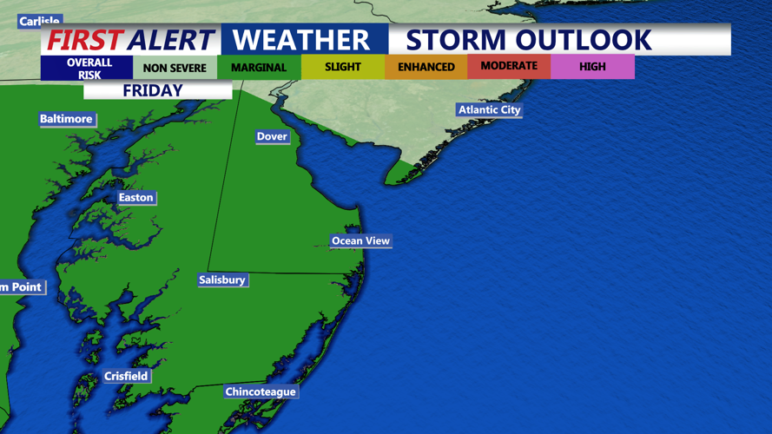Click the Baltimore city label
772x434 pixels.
coord(66,119)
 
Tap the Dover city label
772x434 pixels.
coord(272,136)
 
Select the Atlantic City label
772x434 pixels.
coord(490,109)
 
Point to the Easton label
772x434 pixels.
coord(135,198)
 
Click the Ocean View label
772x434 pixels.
coord(360,240)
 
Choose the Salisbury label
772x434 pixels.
coord(222,279)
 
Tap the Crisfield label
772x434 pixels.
coord(126,376)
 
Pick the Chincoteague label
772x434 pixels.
coord(261,391)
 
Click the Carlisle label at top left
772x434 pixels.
coord(39,21)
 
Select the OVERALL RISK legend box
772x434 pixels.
coord(89,68)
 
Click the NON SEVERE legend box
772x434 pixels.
coord(175,68)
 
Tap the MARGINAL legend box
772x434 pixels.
coord(259,68)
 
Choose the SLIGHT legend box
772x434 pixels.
coord(342,68)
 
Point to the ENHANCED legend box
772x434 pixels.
coord(426,68)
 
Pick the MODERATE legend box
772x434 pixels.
coord(509,67)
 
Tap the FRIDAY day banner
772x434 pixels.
coord(153,90)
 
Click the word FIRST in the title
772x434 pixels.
coord(84,40)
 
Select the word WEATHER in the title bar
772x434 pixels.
coord(301,40)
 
